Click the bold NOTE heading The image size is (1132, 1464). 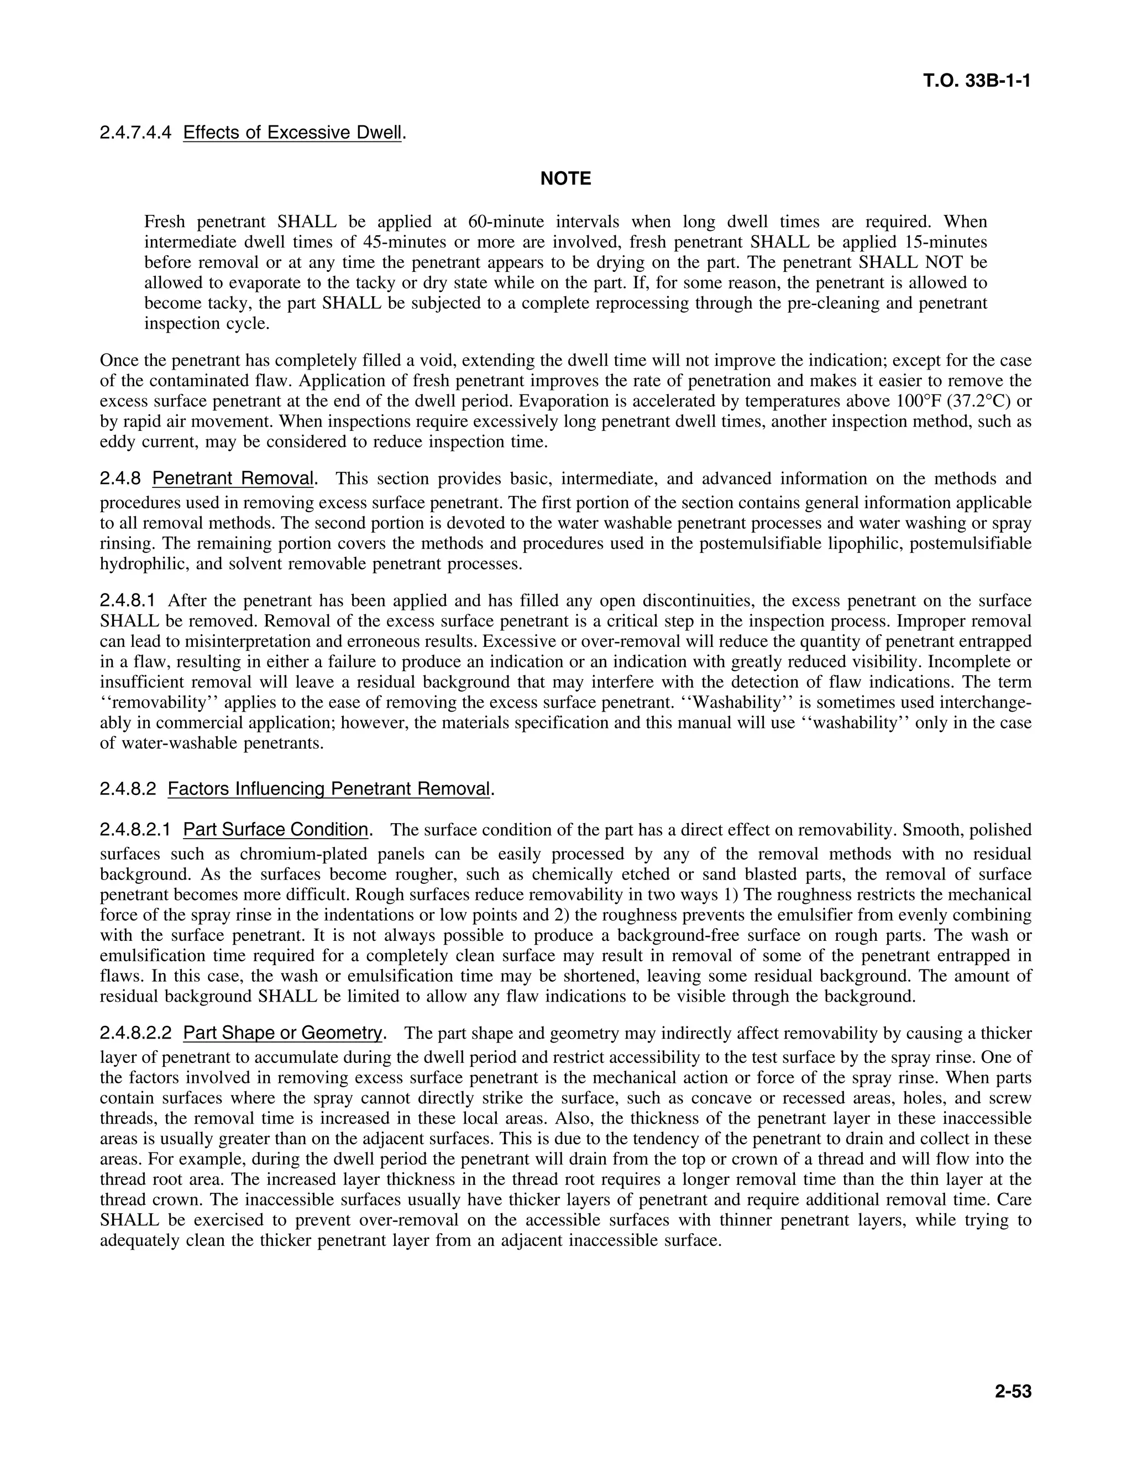565,179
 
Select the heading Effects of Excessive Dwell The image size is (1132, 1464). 292,133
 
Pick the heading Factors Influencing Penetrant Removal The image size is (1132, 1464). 329,788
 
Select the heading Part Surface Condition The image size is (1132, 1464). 276,830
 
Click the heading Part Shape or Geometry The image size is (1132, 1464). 282,1033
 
